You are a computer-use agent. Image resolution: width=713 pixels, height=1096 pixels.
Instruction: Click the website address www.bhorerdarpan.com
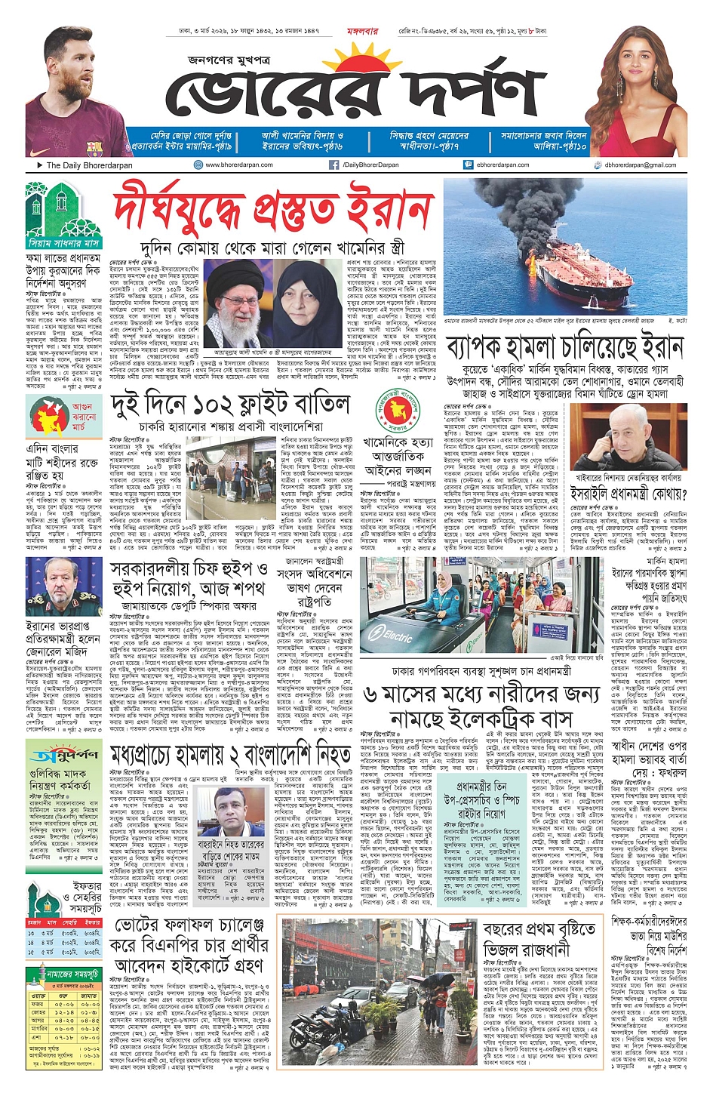tap(238, 165)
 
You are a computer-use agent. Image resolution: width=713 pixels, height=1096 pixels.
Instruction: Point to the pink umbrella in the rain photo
tap(440, 978)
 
